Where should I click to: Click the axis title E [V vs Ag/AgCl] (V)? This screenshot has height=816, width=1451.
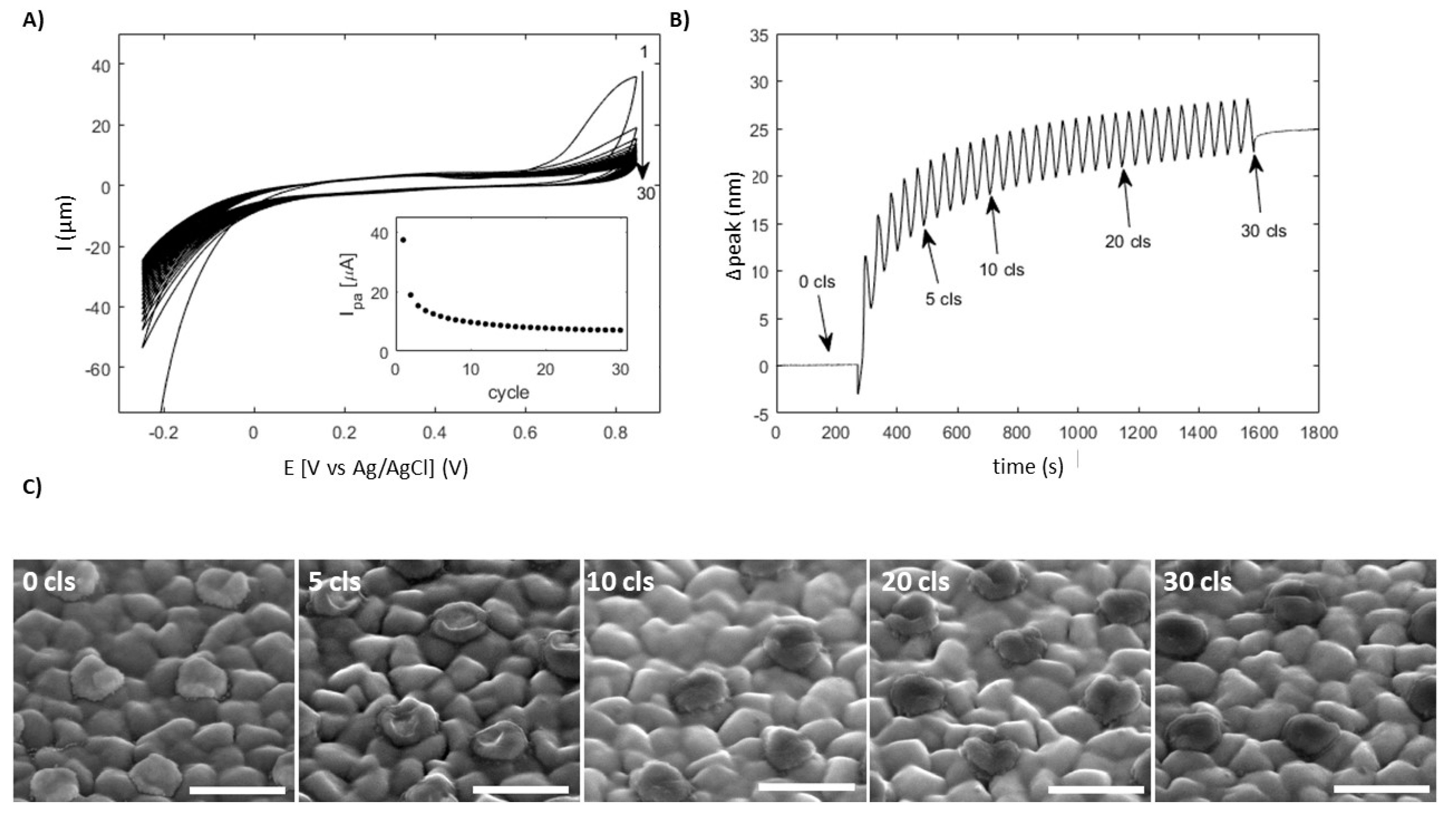376,468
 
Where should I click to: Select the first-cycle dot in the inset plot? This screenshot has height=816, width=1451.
403,240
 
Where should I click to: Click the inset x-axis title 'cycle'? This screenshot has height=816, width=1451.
509,392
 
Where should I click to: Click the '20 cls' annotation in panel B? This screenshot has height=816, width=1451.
1127,242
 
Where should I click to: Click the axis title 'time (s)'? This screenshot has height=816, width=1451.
1028,467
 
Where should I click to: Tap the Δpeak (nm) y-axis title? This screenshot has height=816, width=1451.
734,225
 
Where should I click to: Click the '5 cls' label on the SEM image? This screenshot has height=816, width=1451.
334,582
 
